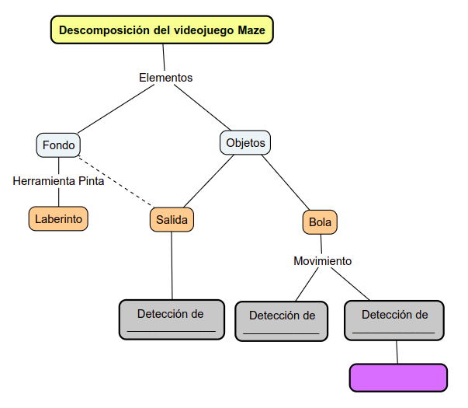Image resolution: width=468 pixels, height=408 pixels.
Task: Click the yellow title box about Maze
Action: pos(162,30)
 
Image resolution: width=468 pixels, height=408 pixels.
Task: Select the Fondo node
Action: pos(58,145)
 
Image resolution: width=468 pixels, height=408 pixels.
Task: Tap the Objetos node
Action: pos(245,143)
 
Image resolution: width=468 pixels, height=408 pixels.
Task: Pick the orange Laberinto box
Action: pos(58,219)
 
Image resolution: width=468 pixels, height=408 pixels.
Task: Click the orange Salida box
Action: pos(172,220)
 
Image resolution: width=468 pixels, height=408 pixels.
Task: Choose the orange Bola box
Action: pos(320,222)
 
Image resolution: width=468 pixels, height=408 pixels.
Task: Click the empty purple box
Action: pos(398,378)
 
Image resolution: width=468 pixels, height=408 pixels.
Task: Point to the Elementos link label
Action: pos(165,78)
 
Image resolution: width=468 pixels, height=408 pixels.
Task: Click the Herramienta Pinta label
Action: pos(58,181)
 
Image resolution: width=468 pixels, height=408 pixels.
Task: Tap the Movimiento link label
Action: pos(322,261)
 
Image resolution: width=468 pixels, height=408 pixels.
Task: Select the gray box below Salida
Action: pos(172,319)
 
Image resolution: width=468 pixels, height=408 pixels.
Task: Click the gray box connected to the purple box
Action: pos(394,320)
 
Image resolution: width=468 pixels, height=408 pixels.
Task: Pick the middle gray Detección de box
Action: pos(283,320)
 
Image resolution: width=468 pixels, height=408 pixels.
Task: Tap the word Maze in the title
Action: pos(252,30)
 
